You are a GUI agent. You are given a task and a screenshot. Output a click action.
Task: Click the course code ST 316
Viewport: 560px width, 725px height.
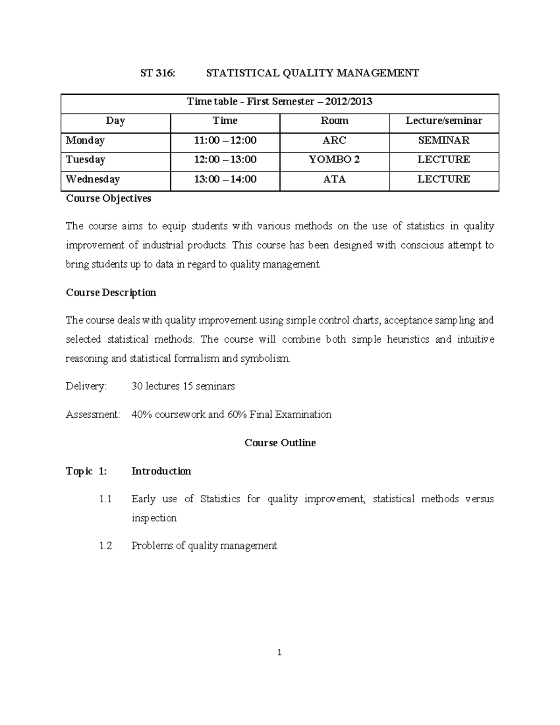coord(158,73)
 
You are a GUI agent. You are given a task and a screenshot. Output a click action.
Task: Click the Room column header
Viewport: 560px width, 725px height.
coord(334,121)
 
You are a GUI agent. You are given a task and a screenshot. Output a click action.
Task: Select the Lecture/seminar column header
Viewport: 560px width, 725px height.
coord(444,121)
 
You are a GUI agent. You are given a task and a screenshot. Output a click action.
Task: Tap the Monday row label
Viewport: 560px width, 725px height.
coord(85,141)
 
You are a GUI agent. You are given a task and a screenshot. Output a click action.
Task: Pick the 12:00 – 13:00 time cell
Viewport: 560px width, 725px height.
coord(225,160)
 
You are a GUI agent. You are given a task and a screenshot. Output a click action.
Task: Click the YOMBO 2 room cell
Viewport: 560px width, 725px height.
coord(334,160)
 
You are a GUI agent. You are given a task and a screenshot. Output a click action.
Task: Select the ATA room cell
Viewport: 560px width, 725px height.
coord(334,179)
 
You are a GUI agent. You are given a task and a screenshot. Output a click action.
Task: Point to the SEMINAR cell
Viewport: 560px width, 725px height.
coord(444,141)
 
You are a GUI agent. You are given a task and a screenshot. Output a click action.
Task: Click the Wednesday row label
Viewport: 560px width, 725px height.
coord(93,179)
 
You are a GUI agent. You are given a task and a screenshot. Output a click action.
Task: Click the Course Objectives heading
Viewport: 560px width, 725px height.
coord(108,198)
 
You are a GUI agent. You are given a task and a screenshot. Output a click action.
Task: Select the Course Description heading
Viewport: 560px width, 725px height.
coord(111,293)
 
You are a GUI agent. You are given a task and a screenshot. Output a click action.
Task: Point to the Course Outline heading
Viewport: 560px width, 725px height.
coord(280,443)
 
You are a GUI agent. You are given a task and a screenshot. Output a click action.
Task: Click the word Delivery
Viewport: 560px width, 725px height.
coord(86,387)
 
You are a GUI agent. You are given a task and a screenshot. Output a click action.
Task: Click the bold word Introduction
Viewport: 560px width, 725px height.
coord(161,472)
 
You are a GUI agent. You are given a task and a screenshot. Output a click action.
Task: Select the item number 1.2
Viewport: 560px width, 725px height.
coord(105,546)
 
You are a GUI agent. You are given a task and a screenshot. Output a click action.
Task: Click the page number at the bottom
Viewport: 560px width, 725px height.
coord(279,653)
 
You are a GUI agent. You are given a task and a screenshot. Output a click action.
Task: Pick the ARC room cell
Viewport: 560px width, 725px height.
coord(334,141)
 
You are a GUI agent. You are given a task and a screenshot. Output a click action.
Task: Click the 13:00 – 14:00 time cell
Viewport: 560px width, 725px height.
coord(225,179)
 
